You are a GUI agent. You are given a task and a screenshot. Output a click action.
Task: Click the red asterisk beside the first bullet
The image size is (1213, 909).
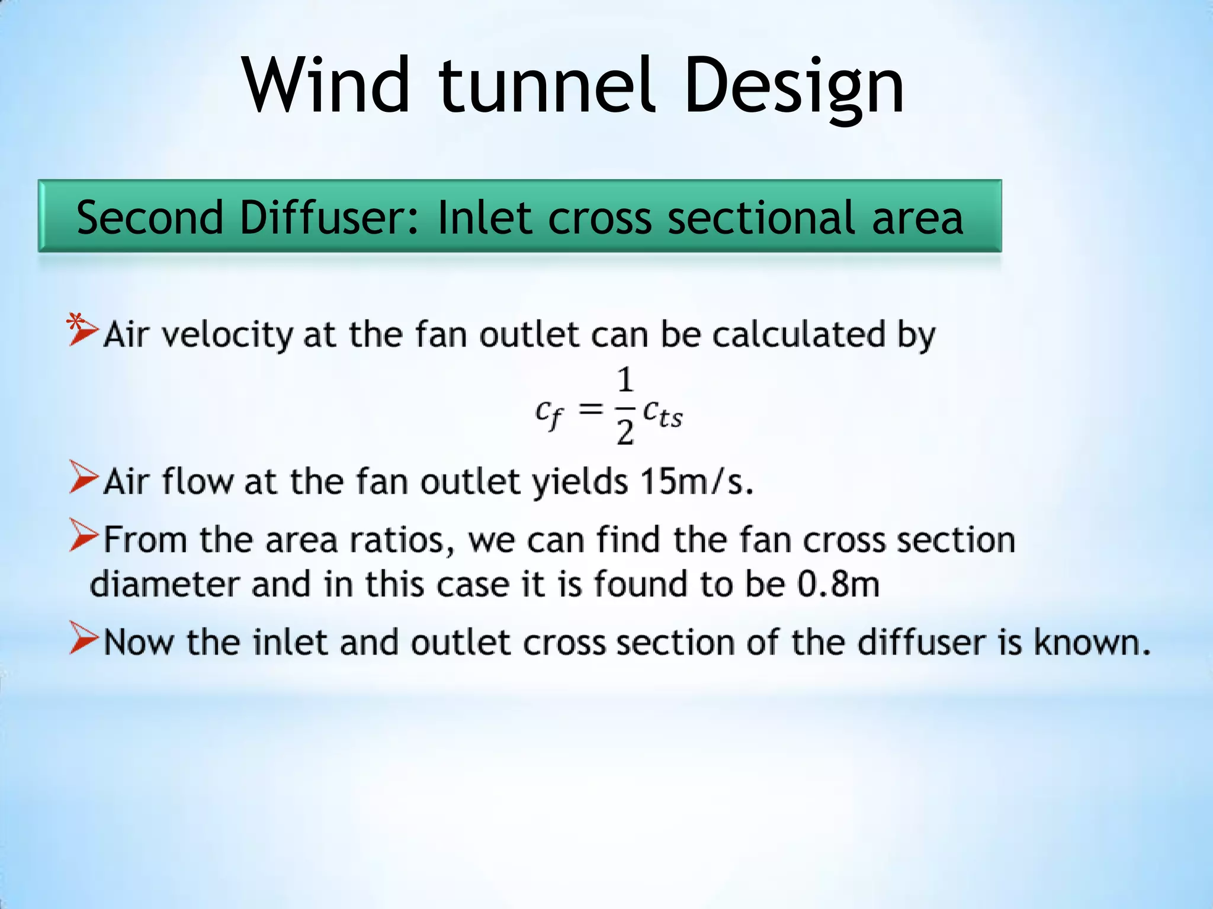[75, 323]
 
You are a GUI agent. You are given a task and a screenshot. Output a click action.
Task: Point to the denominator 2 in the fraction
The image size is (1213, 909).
[625, 433]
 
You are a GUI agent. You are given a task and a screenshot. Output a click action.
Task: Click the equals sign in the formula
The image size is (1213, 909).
[591, 408]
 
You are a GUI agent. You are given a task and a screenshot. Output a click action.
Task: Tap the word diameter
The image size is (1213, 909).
[163, 585]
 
